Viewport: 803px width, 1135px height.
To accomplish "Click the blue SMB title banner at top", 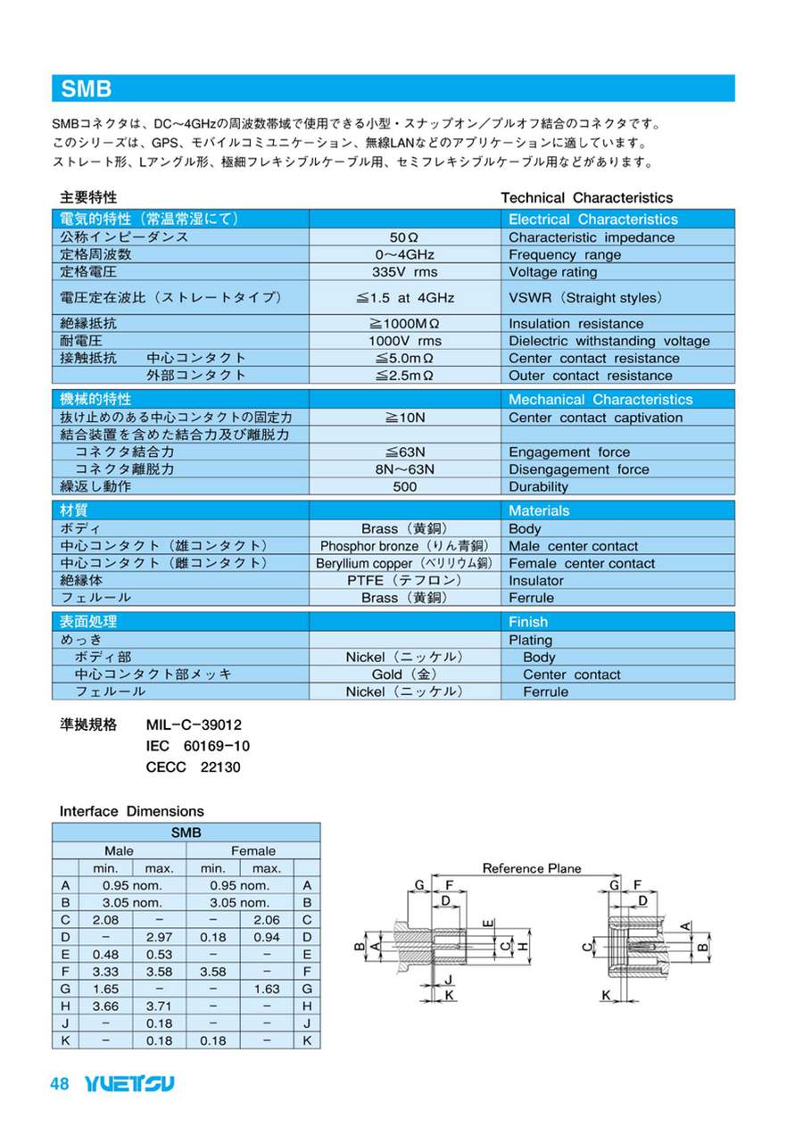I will (393, 88).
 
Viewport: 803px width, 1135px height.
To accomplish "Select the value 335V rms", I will (404, 272).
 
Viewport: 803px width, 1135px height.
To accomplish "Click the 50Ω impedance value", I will (404, 237).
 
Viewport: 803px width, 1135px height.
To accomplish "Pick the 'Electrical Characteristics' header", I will (592, 220).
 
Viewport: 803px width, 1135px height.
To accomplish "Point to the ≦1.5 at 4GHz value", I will (404, 298).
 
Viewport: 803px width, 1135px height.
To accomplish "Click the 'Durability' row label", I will (538, 487).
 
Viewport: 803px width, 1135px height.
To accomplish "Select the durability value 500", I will (404, 487).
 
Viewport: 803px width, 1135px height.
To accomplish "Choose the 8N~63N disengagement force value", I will (404, 469).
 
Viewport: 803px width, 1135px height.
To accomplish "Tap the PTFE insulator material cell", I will (404, 581).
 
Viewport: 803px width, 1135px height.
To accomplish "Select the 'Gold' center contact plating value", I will (404, 675).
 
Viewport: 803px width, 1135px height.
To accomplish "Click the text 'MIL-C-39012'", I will (194, 725).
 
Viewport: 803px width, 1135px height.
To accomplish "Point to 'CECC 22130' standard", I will (193, 766).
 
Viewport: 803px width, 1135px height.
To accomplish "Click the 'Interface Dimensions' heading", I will (131, 811).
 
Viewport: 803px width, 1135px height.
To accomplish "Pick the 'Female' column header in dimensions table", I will (253, 850).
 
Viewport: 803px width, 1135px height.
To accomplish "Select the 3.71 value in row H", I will (159, 1007).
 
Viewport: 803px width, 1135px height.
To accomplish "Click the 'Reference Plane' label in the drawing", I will (531, 868).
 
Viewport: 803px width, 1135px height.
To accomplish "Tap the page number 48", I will (60, 1084).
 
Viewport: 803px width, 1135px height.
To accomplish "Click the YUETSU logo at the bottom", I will (129, 1084).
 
